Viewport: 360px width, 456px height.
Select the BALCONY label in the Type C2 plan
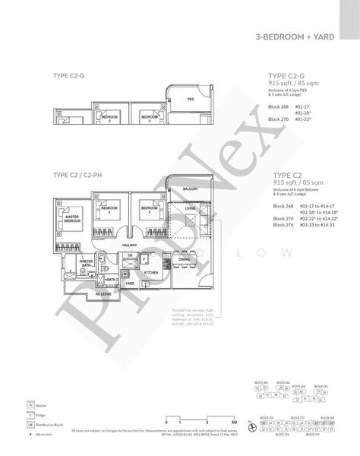[x=189, y=188]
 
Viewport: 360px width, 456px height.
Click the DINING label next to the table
[x=185, y=259]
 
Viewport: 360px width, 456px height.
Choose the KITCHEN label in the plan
[x=150, y=271]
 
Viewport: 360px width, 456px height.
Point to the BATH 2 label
[x=111, y=280]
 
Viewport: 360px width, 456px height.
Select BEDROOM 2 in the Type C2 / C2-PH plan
[x=109, y=209]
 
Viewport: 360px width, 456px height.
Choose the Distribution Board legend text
[x=54, y=426]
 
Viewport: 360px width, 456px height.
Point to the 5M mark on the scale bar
[x=235, y=420]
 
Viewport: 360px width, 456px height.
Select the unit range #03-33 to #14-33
[x=318, y=226]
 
